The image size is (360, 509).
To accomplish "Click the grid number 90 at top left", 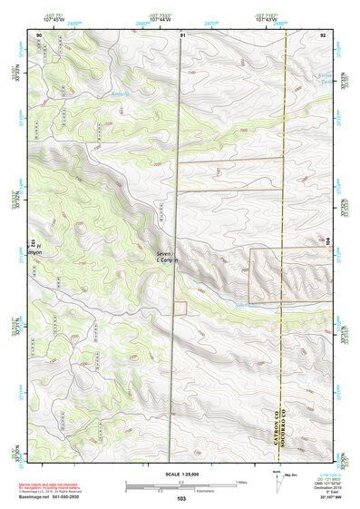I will point(39,34).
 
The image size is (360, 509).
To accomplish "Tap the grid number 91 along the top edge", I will point(182,34).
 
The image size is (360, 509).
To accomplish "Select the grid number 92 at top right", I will point(323,34).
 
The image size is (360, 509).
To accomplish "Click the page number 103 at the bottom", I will point(180,498).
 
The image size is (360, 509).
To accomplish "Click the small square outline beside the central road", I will point(180,308).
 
